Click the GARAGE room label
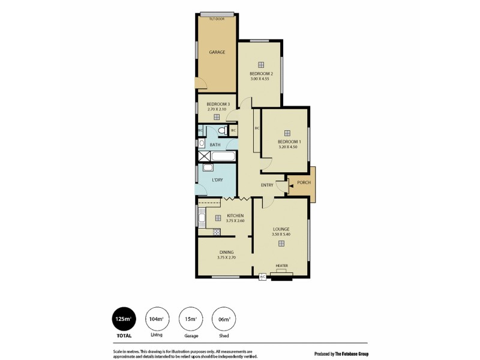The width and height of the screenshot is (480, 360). [x=217, y=52]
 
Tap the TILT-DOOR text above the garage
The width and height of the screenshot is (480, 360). [x=217, y=19]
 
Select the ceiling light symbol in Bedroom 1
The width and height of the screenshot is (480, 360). [x=287, y=133]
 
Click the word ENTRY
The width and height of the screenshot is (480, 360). [x=267, y=185]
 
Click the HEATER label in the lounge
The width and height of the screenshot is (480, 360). [x=281, y=266]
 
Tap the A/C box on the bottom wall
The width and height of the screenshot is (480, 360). [x=262, y=277]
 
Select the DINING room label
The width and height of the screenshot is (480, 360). [x=226, y=252]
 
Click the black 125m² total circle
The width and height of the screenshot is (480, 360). [x=123, y=319]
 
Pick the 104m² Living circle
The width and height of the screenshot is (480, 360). [x=157, y=319]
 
